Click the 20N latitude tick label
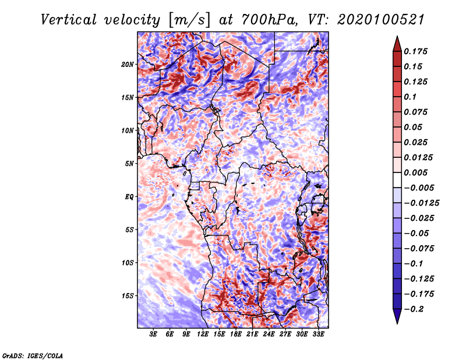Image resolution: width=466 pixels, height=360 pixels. click(127, 65)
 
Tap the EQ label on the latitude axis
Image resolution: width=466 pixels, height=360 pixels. click(129, 197)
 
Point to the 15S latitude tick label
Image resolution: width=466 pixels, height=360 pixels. click(127, 296)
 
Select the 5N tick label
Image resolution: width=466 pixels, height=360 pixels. click(129, 164)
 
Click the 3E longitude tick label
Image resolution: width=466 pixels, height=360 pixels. click(153, 334)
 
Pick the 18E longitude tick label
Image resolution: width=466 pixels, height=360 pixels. click(236, 334)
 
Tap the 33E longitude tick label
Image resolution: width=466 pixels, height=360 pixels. click(318, 334)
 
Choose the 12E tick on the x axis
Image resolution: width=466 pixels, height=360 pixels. click(203, 334)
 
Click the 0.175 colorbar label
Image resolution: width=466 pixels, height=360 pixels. click(415, 51)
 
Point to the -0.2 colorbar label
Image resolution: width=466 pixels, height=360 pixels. click(414, 309)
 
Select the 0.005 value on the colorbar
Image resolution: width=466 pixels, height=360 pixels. click(415, 172)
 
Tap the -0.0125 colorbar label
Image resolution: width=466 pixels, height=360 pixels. click(421, 203)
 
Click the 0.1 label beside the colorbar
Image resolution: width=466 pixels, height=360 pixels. click(410, 97)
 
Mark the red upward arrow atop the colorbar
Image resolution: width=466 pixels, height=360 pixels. click(397, 44)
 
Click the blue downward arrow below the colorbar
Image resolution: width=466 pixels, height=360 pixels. click(397, 316)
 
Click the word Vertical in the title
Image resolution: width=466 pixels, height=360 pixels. click(68, 20)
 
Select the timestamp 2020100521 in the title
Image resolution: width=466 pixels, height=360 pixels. click(381, 20)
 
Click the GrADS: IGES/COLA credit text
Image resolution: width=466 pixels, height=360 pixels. click(33, 355)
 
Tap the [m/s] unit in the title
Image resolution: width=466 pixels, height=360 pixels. click(189, 20)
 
